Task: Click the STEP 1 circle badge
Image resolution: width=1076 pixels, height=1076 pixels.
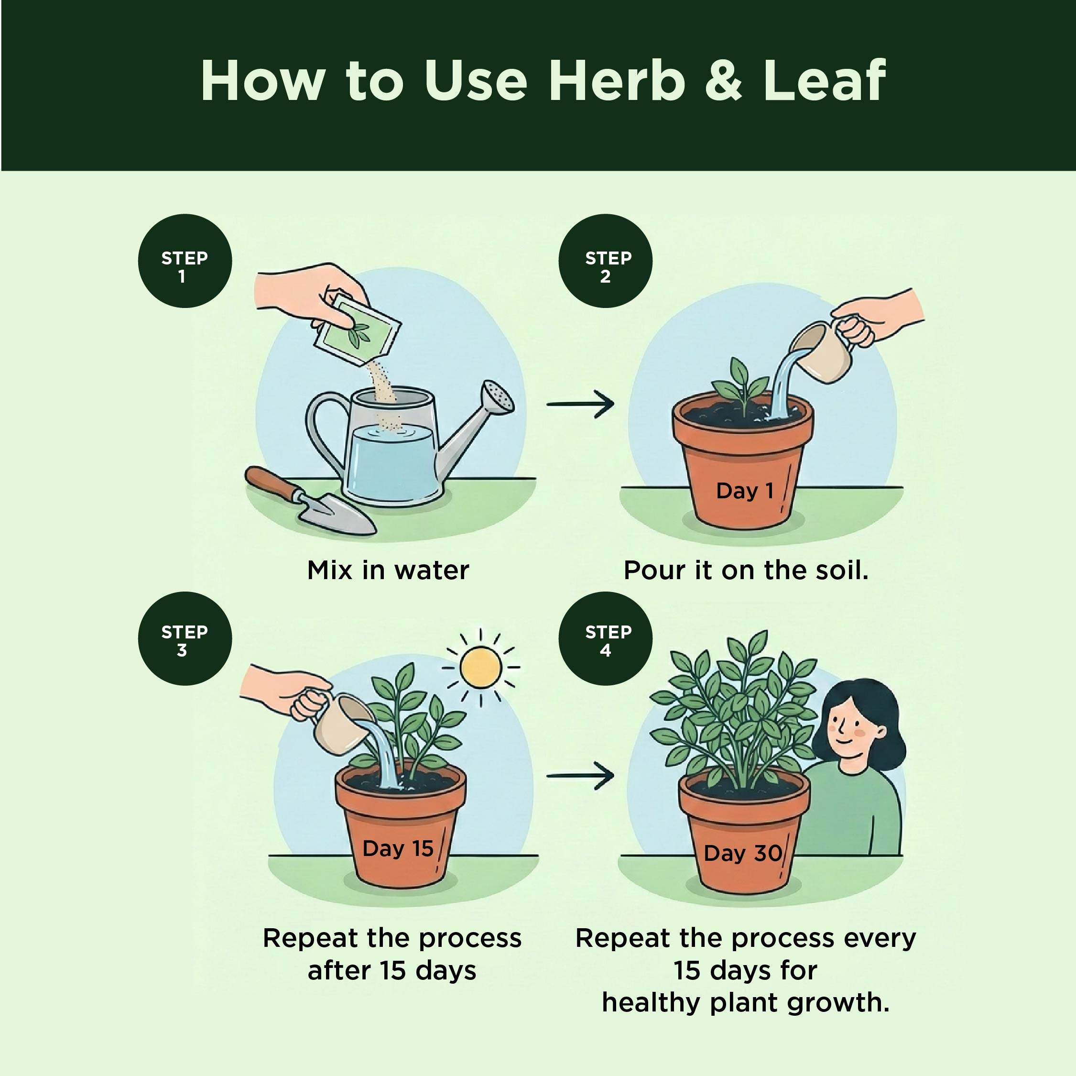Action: pyautogui.click(x=185, y=261)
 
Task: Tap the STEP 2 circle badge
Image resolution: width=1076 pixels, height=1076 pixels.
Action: pyautogui.click(x=605, y=261)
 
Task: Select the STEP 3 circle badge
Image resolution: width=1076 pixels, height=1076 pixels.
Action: pyautogui.click(x=185, y=638)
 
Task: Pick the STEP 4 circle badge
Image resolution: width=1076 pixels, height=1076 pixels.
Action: pyautogui.click(x=605, y=638)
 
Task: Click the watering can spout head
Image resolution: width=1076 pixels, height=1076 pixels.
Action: pyautogui.click(x=498, y=397)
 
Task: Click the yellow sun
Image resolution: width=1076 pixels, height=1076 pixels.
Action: pyautogui.click(x=480, y=667)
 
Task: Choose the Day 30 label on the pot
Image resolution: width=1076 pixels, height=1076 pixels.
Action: pyautogui.click(x=743, y=853)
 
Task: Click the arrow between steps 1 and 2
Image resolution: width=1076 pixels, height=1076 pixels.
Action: pyautogui.click(x=580, y=404)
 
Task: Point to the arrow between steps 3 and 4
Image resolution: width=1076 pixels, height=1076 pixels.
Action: pyautogui.click(x=580, y=776)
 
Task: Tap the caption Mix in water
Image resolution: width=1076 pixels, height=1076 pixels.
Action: pyautogui.click(x=388, y=570)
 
